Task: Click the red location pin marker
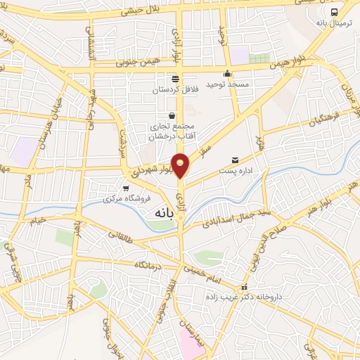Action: click(x=181, y=165)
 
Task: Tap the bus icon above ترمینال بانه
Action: click(x=334, y=12)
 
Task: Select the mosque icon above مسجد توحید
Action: click(x=227, y=74)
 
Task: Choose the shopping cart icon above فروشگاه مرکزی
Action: click(x=126, y=188)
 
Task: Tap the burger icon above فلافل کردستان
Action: click(x=174, y=78)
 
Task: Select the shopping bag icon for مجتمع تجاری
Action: click(x=172, y=116)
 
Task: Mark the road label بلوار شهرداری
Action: click(x=152, y=170)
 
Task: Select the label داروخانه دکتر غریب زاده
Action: click(x=250, y=297)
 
